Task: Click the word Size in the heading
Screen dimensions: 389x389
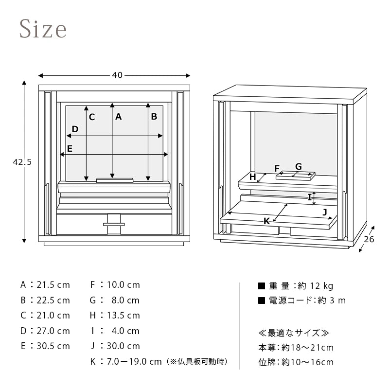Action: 43,29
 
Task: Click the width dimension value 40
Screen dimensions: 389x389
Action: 117,75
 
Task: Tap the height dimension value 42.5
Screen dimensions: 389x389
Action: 22,162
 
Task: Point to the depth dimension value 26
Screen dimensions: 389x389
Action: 369,239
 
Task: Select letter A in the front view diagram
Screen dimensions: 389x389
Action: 118,116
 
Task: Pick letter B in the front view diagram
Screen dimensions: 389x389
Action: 154,116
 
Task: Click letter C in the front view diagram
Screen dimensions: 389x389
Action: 92,117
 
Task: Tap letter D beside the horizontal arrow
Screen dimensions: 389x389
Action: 75,129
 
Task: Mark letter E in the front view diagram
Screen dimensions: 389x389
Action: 70,148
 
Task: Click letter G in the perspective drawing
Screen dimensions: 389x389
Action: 299,166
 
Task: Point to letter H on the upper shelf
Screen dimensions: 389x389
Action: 252,177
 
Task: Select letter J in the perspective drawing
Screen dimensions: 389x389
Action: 325,212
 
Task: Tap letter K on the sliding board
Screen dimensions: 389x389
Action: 266,221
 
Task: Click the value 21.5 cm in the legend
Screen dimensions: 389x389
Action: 53,285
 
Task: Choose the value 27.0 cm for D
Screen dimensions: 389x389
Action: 53,331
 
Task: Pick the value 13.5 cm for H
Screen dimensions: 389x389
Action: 124,315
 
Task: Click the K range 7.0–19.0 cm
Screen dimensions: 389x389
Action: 134,361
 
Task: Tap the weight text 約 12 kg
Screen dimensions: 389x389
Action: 315,286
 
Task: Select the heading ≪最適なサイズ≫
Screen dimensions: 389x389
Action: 294,333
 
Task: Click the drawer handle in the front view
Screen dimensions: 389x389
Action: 114,224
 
